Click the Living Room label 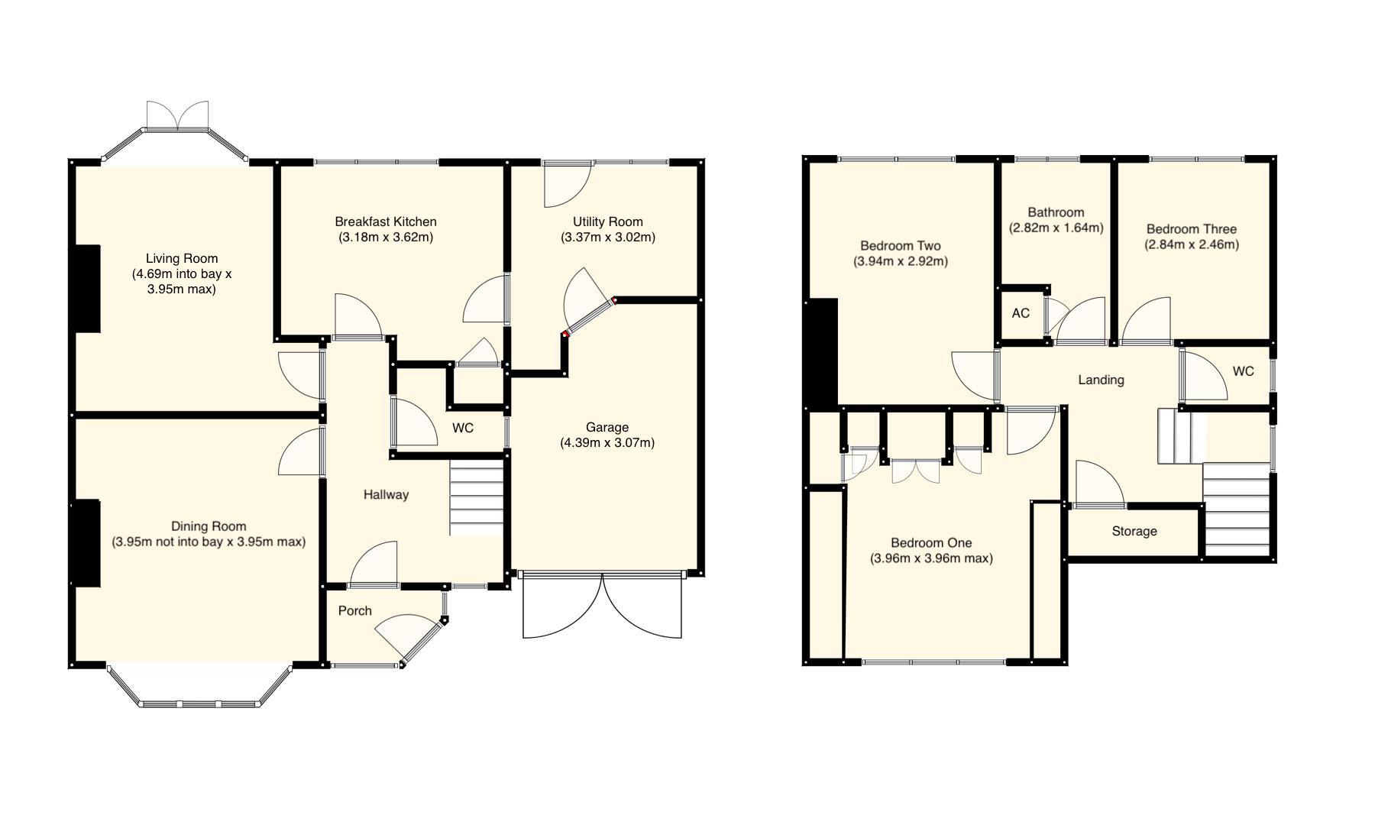pos(182,259)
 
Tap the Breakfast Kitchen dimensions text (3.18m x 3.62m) pos(386,238)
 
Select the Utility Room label pos(607,222)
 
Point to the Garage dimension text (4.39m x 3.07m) pos(607,443)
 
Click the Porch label pos(354,610)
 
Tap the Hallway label pos(386,495)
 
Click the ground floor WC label pos(463,429)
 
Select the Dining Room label pos(209,526)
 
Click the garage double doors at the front pos(602,607)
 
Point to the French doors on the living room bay pos(177,116)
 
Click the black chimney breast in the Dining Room pos(86,543)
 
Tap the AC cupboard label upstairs pos(1021,314)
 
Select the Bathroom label pos(1056,212)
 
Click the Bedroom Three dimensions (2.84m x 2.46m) pos(1191,245)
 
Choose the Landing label pos(1101,380)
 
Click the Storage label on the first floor pos(1134,532)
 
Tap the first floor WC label pos(1243,372)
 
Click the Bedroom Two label pos(900,246)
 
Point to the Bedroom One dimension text pos(931,559)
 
